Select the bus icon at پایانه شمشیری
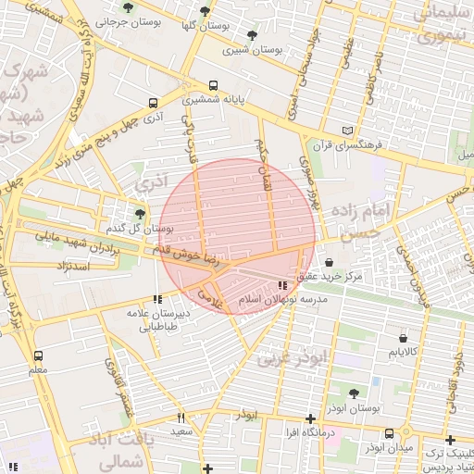(214, 84)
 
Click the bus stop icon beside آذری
(153, 104)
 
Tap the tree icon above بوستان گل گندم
(140, 215)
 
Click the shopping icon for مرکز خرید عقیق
(331, 263)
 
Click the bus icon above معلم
(38, 355)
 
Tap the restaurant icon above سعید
(181, 418)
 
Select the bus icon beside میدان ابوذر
(390, 432)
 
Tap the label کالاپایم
(406, 353)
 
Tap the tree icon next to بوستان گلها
(205, 11)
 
